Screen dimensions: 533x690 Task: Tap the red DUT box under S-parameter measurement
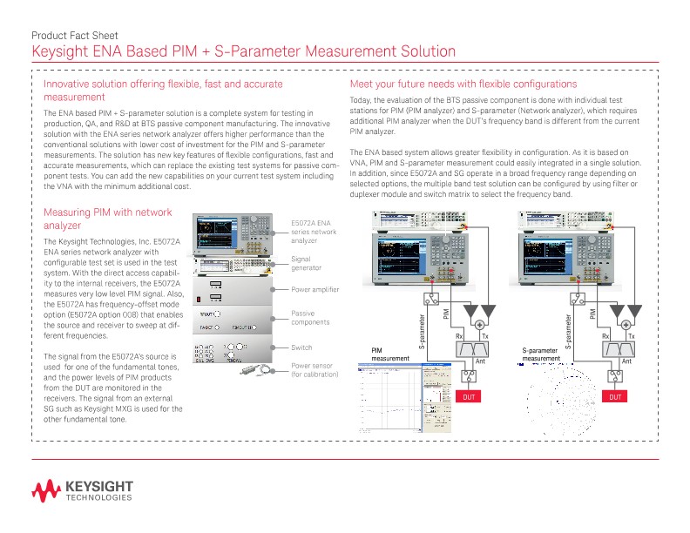pos(616,396)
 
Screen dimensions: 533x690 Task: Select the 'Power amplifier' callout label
pos(315,289)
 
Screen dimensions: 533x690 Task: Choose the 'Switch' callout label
pos(301,347)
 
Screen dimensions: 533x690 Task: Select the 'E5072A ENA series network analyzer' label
pos(313,232)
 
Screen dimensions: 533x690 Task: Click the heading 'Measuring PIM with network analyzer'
pos(108,219)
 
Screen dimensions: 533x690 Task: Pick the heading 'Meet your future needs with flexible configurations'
pos(463,84)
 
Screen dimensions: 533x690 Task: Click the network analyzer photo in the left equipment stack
pos(238,233)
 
